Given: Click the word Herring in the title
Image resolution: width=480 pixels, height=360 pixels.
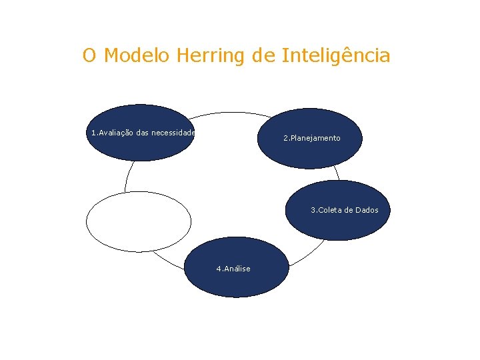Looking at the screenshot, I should click(x=211, y=56).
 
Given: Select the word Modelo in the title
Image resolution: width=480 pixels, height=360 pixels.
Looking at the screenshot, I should click(x=138, y=56).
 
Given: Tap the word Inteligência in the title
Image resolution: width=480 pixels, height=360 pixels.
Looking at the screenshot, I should click(x=336, y=56).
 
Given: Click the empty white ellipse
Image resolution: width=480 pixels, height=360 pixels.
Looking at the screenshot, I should click(x=139, y=221).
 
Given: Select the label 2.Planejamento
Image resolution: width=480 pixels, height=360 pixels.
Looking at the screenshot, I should click(x=311, y=138).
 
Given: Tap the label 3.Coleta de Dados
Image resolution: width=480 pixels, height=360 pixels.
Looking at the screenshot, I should click(x=344, y=210).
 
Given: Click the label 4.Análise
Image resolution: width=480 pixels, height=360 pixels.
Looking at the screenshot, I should click(x=233, y=269).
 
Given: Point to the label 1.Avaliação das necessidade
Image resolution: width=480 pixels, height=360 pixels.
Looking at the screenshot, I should click(x=143, y=133).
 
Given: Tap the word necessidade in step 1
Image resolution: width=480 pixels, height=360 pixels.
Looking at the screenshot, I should click(x=173, y=133).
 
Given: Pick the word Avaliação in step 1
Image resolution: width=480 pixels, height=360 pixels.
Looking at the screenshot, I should click(x=117, y=133).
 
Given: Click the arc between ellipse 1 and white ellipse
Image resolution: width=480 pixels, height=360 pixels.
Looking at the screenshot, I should click(x=126, y=177).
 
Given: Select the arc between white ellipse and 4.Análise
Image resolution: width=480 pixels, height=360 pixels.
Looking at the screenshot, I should click(x=167, y=261).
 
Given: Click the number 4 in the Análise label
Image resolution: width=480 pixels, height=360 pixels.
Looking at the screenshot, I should click(x=218, y=269).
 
